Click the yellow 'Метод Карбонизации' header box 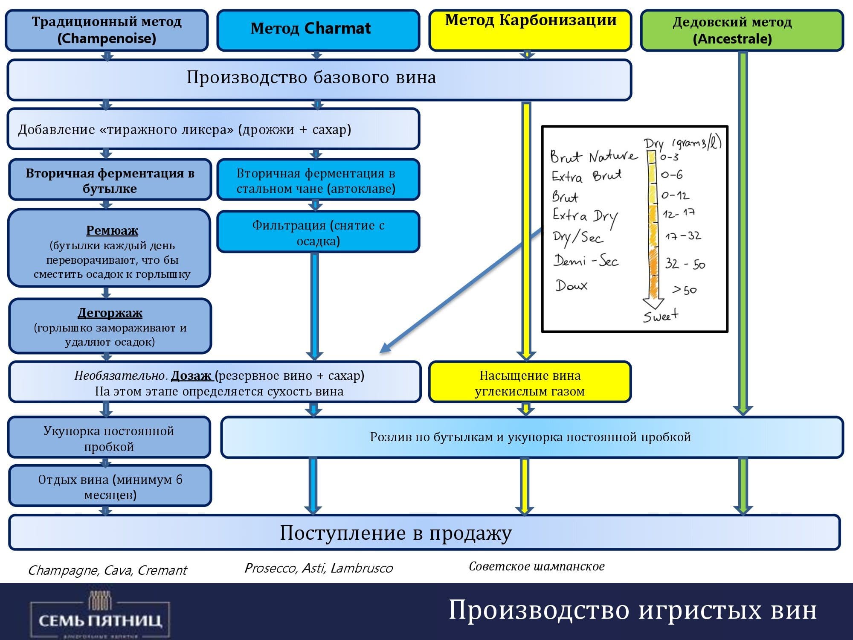click(x=530, y=30)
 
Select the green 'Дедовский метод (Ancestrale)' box click(x=742, y=30)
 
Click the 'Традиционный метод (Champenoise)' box click(x=107, y=30)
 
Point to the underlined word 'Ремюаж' click(x=112, y=230)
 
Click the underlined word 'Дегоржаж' click(x=110, y=313)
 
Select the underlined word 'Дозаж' click(x=191, y=375)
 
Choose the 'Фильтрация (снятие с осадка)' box click(x=318, y=233)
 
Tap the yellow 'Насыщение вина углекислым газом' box click(x=530, y=383)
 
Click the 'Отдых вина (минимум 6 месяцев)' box click(x=110, y=486)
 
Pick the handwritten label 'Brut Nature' click(x=594, y=156)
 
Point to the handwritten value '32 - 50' click(x=685, y=264)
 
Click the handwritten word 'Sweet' click(x=661, y=316)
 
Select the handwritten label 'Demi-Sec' click(x=586, y=260)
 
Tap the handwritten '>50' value click(x=685, y=290)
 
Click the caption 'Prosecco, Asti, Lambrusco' click(x=318, y=568)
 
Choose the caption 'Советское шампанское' click(x=537, y=566)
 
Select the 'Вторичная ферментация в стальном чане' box click(x=318, y=180)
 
